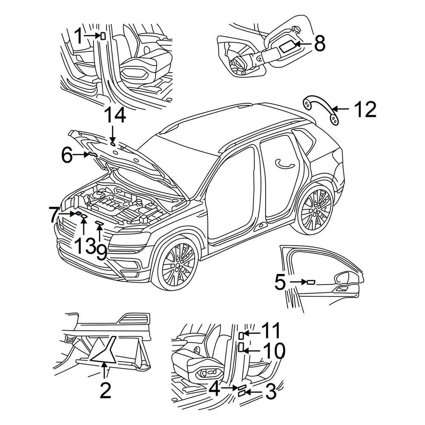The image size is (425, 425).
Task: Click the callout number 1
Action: [x=78, y=36]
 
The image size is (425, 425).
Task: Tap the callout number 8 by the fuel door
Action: [x=319, y=43]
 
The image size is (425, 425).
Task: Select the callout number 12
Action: [x=365, y=110]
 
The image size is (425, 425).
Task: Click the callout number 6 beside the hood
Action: [x=67, y=156]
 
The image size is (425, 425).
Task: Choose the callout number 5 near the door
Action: [x=280, y=282]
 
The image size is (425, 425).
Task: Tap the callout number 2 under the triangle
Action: [x=105, y=390]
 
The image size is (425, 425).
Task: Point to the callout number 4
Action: [x=215, y=388]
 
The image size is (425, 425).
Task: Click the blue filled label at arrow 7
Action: [x=79, y=214]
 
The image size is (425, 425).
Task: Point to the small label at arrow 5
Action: [x=311, y=282]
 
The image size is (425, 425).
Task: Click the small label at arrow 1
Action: [x=103, y=36]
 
